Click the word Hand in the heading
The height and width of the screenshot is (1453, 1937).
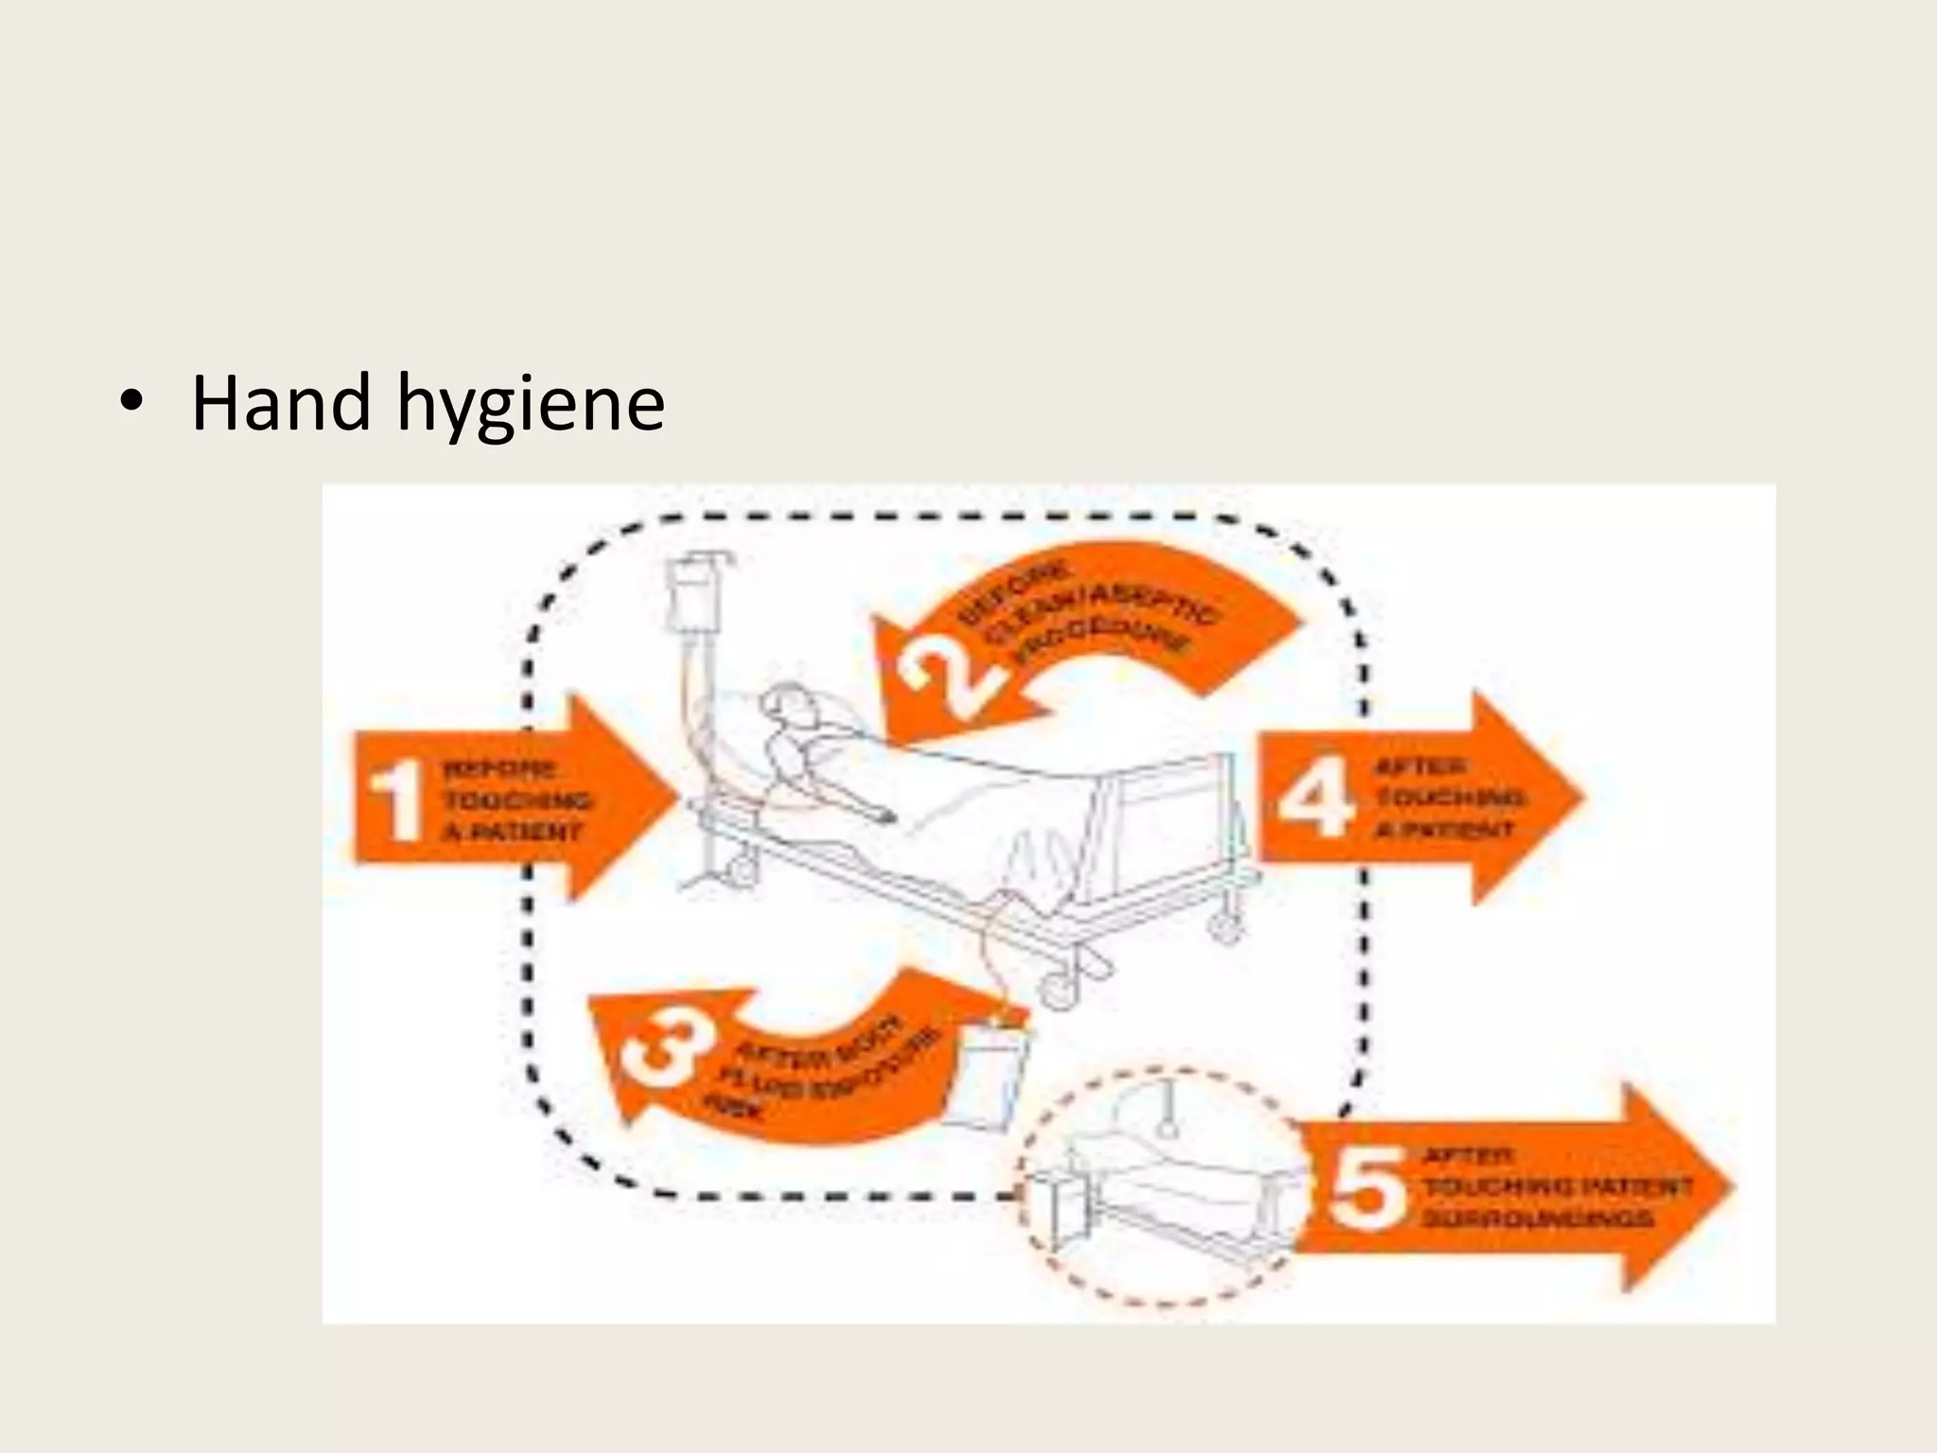click(x=280, y=405)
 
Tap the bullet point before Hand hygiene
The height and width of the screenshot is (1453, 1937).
click(x=131, y=403)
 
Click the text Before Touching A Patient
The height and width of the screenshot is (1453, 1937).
click(x=513, y=800)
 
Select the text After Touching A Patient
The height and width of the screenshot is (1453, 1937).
click(x=1447, y=797)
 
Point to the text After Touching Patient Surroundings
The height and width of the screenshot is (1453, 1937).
click(x=1551, y=1186)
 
